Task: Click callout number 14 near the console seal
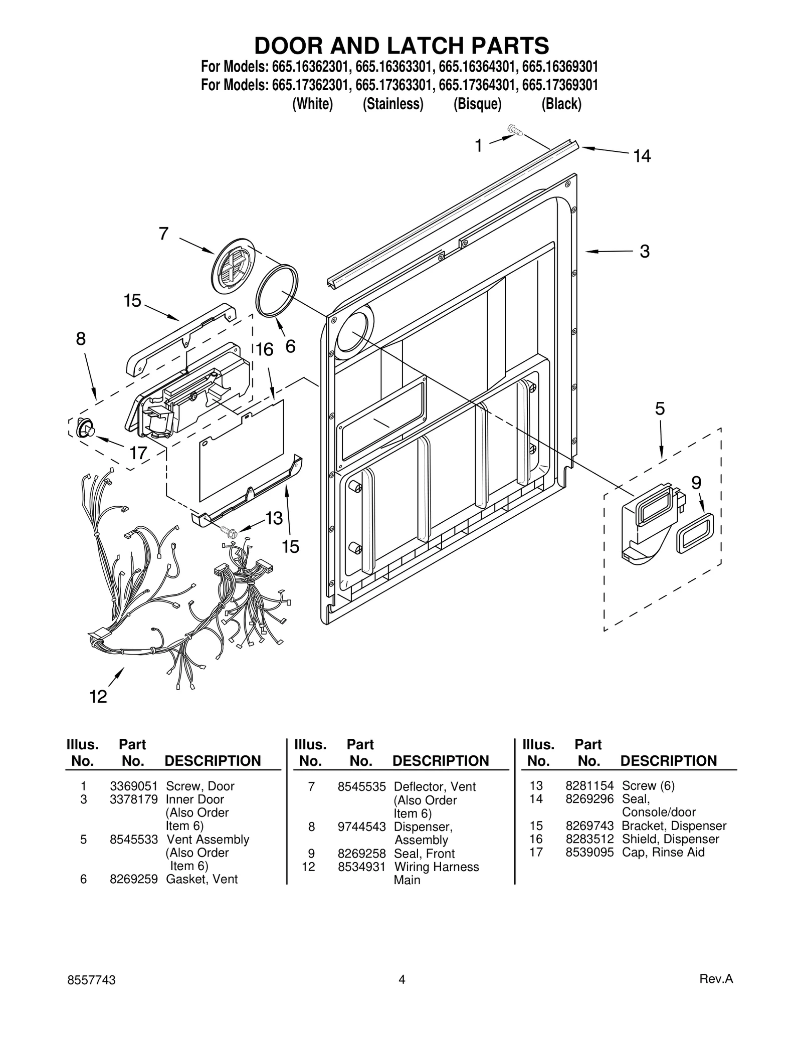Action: point(642,156)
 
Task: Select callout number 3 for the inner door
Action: point(645,251)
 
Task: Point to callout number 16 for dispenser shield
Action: point(265,349)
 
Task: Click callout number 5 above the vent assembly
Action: point(660,409)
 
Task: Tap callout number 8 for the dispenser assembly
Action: point(81,339)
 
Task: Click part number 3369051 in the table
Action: point(134,786)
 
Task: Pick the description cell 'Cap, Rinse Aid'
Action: point(663,852)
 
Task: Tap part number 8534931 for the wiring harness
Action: point(361,867)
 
